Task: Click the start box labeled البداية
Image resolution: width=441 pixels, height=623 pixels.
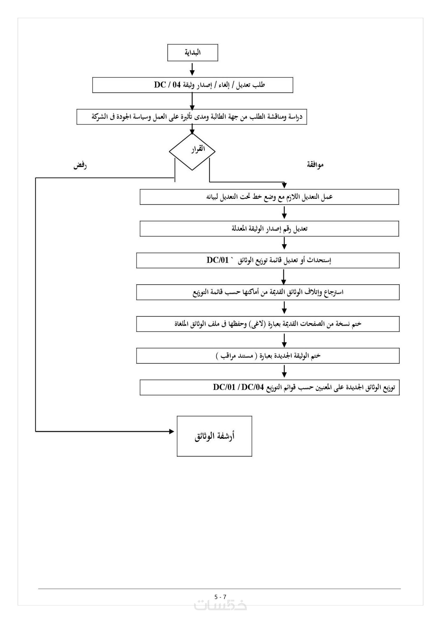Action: [193, 53]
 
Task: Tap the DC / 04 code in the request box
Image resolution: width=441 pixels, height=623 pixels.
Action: [167, 85]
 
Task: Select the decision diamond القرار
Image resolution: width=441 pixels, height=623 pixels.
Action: [192, 151]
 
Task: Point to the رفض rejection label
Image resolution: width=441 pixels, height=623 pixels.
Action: [80, 166]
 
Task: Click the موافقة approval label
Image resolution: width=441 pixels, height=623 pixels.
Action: [315, 165]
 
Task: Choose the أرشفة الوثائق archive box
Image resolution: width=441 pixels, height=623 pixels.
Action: [215, 436]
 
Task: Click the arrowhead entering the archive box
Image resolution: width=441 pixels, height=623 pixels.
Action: [172, 431]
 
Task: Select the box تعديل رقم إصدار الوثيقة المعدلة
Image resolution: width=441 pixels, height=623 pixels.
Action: [269, 229]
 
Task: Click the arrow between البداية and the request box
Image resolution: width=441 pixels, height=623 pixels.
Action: [192, 69]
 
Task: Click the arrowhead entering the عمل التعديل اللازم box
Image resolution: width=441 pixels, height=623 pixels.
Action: [284, 186]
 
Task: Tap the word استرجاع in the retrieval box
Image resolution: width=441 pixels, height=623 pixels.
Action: [335, 292]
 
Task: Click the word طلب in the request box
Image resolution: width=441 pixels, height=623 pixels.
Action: [260, 85]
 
